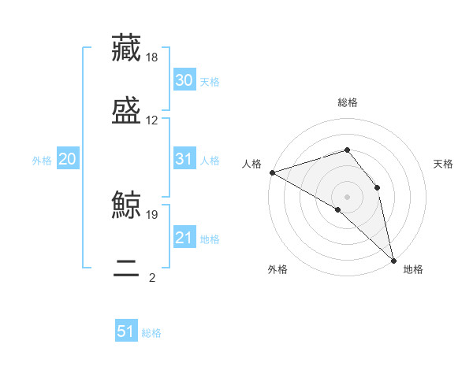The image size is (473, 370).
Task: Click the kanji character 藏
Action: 126,49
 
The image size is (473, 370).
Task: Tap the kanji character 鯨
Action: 126,206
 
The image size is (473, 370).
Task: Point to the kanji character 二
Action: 126,270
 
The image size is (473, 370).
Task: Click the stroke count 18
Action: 153,57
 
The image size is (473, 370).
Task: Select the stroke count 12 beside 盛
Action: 152,120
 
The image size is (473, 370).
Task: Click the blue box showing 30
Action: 184,80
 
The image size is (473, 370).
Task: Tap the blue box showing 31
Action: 184,159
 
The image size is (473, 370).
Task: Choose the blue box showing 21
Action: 184,238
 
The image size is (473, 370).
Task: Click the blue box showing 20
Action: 68,159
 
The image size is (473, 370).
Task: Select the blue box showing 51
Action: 126,331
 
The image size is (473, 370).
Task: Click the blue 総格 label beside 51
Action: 151,333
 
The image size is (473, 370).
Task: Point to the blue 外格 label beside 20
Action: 42,161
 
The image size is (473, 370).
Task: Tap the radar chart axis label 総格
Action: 347,102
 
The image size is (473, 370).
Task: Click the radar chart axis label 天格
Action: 444,164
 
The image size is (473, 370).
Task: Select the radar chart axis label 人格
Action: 251,164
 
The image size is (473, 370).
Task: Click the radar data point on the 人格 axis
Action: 272,172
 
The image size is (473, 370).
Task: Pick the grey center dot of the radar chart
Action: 347,196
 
